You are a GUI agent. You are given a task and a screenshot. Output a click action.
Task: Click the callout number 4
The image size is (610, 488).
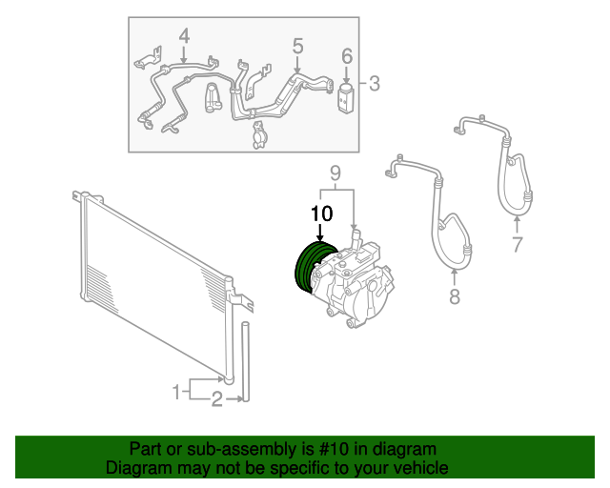pyautogui.click(x=184, y=37)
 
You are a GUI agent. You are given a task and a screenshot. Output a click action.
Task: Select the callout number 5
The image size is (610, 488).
pyautogui.click(x=297, y=45)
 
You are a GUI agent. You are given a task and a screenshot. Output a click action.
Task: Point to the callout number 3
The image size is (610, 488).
pyautogui.click(x=375, y=84)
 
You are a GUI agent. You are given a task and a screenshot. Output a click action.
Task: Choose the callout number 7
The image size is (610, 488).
pyautogui.click(x=518, y=244)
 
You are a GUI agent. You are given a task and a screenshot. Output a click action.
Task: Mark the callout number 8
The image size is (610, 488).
pyautogui.click(x=454, y=296)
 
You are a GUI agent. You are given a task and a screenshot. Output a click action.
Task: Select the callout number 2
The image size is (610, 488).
pyautogui.click(x=216, y=400)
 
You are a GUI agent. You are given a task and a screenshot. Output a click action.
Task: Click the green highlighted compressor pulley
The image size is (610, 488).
pyautogui.click(x=310, y=268)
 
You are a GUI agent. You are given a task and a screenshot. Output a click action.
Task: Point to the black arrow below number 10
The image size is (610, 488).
pyautogui.click(x=321, y=231)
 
